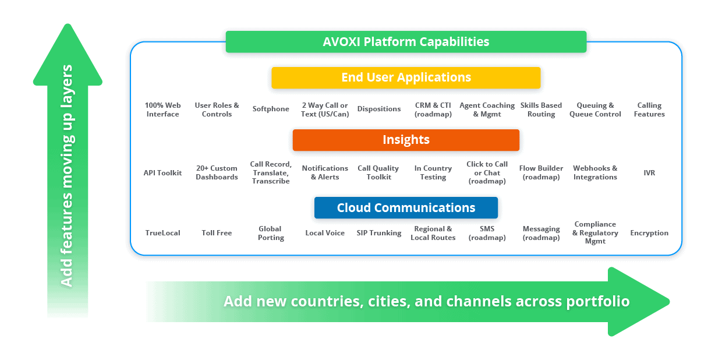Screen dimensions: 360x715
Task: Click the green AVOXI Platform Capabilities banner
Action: [406, 42]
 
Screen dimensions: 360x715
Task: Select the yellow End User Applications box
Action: [406, 77]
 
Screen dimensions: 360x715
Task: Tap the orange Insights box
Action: [406, 140]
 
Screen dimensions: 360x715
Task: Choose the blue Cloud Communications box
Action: [406, 208]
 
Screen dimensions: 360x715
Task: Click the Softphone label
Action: [271, 109]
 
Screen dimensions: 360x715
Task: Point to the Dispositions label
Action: [379, 109]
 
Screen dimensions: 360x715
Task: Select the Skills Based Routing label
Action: [541, 110]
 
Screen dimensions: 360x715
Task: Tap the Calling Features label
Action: [649, 110]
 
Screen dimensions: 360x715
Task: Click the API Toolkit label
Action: [162, 172]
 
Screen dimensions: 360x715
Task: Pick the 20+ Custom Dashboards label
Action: [217, 172]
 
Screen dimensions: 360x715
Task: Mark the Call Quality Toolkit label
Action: [378, 172]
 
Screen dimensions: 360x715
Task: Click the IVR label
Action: [649, 172]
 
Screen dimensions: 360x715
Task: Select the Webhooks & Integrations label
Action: [595, 172]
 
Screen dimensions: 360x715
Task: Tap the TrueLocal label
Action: [162, 233]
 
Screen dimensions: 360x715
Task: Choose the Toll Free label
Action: [217, 233]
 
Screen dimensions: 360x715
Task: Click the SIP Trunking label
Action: [379, 233]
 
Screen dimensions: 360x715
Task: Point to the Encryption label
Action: [649, 233]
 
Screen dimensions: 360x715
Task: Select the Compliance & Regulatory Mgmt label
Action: [595, 232]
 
